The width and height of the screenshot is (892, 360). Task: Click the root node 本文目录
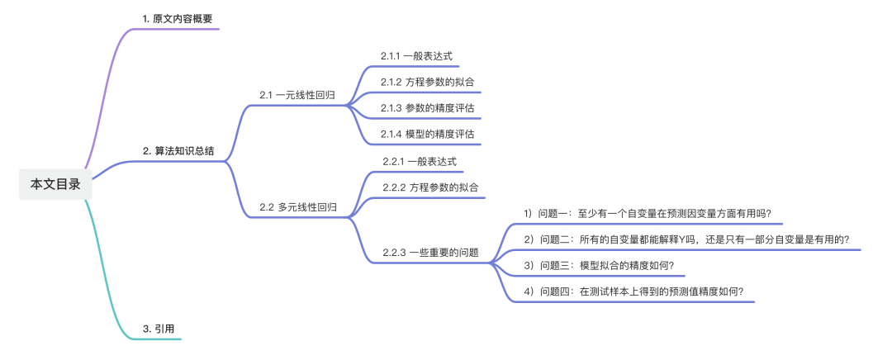[55, 184]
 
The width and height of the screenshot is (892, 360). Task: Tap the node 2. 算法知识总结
[178, 150]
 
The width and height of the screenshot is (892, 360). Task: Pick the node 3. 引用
[158, 329]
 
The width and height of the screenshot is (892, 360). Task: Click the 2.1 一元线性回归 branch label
[297, 95]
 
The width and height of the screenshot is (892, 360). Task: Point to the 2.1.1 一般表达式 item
[416, 56]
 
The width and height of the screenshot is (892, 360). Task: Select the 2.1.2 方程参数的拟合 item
[427, 82]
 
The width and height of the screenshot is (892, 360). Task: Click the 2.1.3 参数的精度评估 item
[427, 108]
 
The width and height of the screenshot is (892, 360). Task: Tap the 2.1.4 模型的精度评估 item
[427, 134]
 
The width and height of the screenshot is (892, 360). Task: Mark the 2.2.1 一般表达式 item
[420, 161]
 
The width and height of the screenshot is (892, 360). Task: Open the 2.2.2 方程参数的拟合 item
[430, 187]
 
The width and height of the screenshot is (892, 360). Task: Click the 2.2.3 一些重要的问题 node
[430, 253]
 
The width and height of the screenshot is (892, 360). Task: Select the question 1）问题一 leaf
[648, 213]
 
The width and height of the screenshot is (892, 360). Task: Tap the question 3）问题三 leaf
[599, 265]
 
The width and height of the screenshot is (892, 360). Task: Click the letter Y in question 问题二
[676, 239]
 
